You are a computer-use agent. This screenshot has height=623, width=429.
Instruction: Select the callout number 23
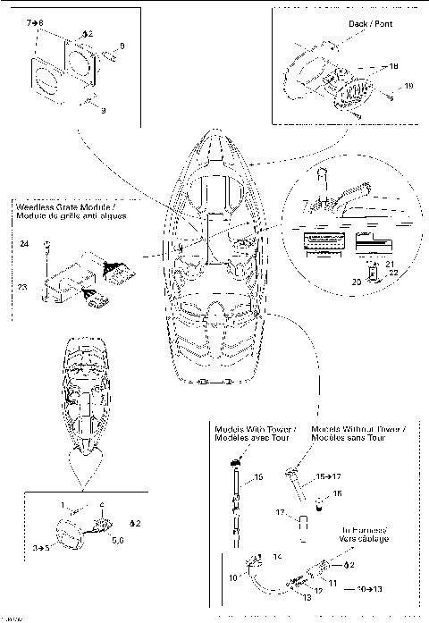tap(23, 287)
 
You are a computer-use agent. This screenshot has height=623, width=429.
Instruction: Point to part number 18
tap(393, 65)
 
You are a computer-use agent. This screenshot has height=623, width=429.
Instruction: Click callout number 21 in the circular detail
tap(390, 265)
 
